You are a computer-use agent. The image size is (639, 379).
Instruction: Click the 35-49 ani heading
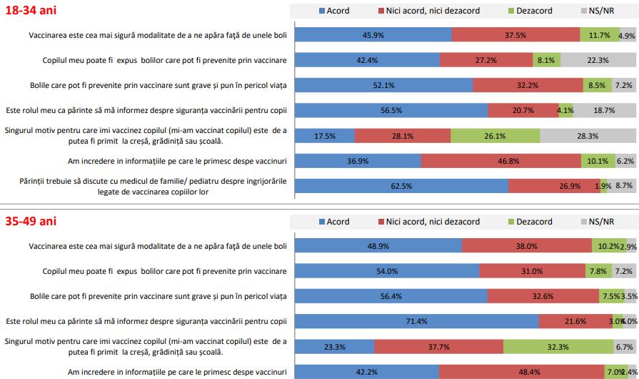point(29,222)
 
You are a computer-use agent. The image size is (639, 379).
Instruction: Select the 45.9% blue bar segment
point(373,35)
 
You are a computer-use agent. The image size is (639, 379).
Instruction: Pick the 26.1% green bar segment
point(495,136)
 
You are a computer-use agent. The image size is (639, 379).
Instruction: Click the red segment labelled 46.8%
point(500,161)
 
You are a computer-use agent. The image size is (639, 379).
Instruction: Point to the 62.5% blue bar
point(401,186)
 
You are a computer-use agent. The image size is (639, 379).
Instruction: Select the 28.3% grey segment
point(588,136)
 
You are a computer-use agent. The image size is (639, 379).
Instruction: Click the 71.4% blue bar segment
point(416,321)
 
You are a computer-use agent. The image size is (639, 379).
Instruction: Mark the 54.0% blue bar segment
point(386,271)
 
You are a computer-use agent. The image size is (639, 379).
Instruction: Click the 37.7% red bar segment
point(438,346)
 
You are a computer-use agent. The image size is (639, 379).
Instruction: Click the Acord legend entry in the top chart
point(334,11)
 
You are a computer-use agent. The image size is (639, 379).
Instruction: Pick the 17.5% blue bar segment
point(324,136)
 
